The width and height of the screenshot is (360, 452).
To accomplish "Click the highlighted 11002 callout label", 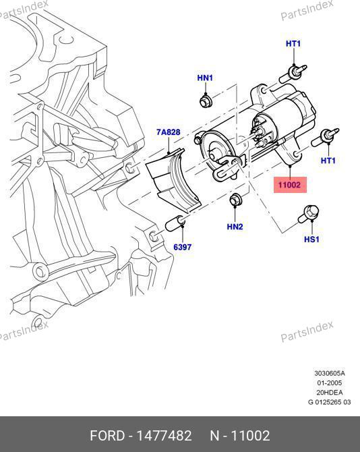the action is (x=290, y=185).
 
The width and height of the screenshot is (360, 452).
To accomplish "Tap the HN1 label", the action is (x=205, y=78).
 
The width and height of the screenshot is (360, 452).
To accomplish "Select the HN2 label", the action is (x=235, y=227).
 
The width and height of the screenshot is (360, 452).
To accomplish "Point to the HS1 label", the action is (x=311, y=239).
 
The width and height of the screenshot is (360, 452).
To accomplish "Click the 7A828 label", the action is (x=168, y=132).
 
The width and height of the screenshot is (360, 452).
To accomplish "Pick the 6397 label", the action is (x=182, y=247).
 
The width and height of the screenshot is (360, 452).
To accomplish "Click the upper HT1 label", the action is (x=293, y=44).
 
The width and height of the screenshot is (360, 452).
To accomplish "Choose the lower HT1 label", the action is (x=328, y=161).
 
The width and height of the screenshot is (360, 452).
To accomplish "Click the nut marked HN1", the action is (x=206, y=101).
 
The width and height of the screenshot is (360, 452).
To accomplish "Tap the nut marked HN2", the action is (x=236, y=200).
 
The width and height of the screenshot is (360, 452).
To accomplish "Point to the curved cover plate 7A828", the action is (x=173, y=180).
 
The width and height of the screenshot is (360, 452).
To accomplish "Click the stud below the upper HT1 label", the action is (x=293, y=74).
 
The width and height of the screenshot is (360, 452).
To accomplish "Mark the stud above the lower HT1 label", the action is (x=325, y=137).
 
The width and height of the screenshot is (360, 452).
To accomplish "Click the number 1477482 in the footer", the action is (x=164, y=435).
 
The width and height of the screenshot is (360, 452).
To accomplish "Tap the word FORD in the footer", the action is (x=107, y=435).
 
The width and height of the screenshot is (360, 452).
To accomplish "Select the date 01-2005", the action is (x=330, y=383).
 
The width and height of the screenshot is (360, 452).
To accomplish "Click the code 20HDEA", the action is (x=330, y=393).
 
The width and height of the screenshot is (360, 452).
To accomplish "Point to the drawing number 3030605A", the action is (x=330, y=373).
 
